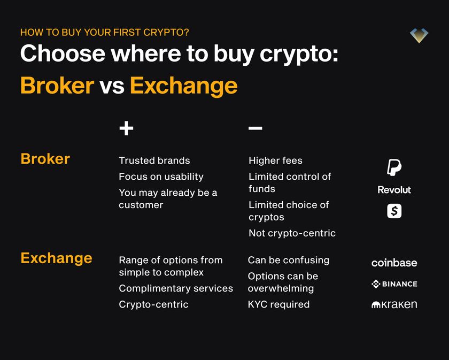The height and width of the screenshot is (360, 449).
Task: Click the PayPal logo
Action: (x=394, y=167)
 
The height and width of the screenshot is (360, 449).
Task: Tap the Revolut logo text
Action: (x=394, y=190)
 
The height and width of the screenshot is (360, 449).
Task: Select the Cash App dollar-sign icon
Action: (x=394, y=211)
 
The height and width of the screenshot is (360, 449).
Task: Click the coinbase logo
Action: (x=394, y=263)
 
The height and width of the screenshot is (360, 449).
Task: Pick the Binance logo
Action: (x=394, y=284)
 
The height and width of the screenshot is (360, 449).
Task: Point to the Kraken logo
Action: (x=394, y=305)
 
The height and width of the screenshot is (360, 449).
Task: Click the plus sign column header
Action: (x=126, y=128)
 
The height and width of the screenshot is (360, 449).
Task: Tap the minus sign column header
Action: (x=255, y=128)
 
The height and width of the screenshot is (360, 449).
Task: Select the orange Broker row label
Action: (x=45, y=159)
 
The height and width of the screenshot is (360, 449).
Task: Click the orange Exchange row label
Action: (x=56, y=258)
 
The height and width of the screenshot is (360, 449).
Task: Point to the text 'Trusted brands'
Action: (x=154, y=160)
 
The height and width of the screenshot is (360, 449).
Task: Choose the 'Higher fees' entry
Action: (x=275, y=160)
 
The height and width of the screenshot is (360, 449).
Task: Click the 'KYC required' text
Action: (x=278, y=304)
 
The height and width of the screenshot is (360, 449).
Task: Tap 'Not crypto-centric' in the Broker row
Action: (x=292, y=233)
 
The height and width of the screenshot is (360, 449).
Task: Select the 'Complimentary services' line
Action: (x=176, y=288)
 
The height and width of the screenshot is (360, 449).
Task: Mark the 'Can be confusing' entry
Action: (x=289, y=261)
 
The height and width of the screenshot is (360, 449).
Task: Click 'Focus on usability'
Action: (x=161, y=177)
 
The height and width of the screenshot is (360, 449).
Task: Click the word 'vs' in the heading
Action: (x=112, y=86)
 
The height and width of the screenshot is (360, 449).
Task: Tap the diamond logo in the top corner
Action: (x=419, y=35)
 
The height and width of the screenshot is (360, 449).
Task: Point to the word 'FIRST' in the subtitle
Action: (x=127, y=33)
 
